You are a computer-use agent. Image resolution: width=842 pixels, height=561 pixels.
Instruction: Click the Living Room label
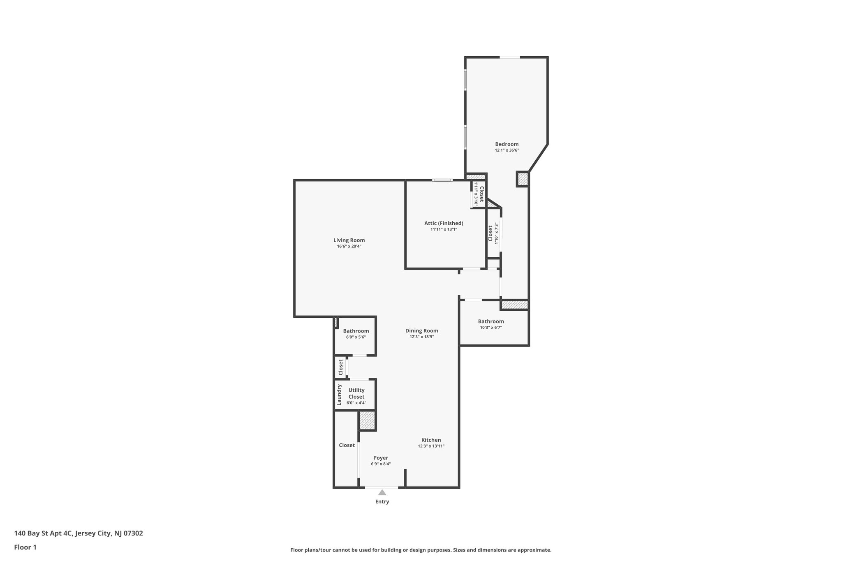click(x=349, y=240)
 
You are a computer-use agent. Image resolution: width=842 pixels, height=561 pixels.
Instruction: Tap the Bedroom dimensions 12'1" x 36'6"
click(x=507, y=150)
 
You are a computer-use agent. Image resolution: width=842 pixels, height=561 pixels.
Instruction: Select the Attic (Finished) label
click(x=444, y=223)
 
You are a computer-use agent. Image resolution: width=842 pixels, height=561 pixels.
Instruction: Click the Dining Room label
click(x=421, y=330)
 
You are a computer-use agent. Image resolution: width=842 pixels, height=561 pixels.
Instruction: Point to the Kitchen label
click(x=431, y=440)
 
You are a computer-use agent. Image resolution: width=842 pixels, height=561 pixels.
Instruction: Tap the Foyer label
click(x=381, y=458)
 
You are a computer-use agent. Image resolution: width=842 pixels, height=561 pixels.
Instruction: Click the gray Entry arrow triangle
click(x=382, y=492)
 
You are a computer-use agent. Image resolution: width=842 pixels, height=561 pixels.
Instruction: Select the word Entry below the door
click(x=382, y=502)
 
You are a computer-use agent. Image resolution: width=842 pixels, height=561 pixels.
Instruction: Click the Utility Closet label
click(x=356, y=393)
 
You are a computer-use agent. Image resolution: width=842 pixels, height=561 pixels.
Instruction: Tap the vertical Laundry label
click(x=339, y=395)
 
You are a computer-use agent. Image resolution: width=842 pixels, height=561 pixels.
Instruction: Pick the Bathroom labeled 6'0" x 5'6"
click(x=356, y=331)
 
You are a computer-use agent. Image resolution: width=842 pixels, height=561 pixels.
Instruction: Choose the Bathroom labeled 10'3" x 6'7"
click(x=491, y=321)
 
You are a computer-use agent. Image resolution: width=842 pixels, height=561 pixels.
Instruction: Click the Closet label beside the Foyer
click(x=347, y=445)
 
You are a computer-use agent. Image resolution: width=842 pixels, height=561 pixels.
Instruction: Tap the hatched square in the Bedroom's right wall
click(x=522, y=179)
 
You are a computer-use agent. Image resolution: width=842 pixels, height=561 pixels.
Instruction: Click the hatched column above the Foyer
click(x=367, y=420)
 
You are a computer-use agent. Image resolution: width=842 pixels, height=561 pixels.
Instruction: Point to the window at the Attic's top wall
click(x=442, y=180)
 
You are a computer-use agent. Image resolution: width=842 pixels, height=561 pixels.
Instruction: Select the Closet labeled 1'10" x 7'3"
click(x=490, y=233)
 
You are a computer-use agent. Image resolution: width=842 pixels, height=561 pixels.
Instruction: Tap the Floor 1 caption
click(x=25, y=547)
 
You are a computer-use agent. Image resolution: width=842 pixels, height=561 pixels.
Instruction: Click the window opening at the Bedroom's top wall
click(x=509, y=57)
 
